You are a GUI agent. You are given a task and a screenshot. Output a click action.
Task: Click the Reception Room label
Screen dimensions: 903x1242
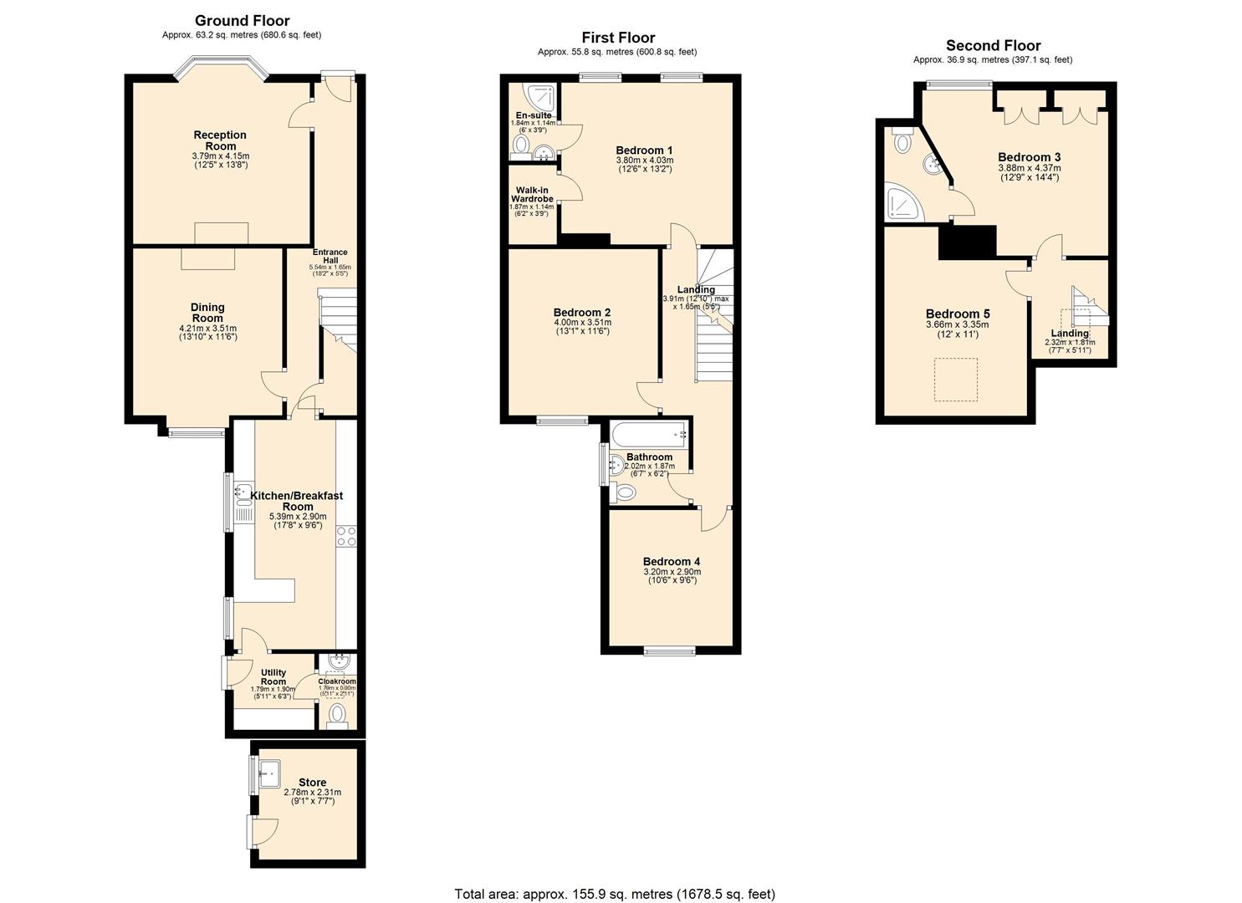tap(220, 140)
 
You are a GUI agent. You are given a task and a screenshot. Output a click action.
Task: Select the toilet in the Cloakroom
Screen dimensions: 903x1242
tap(337, 714)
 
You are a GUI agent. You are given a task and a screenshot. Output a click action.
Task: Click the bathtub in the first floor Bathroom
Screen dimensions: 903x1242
tap(648, 435)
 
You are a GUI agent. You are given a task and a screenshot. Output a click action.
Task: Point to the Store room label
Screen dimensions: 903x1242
tap(312, 783)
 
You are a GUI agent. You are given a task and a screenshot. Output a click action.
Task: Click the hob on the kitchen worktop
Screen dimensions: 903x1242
tap(346, 537)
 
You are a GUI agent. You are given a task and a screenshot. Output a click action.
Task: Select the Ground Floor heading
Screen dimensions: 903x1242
tap(242, 20)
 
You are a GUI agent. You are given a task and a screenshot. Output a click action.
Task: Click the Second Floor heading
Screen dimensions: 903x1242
tap(993, 45)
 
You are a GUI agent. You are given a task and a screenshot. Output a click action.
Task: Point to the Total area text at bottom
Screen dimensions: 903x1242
tap(615, 894)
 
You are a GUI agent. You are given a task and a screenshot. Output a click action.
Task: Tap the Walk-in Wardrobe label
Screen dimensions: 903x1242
tap(532, 195)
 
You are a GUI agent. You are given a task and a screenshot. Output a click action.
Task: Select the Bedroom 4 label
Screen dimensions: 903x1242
tap(672, 562)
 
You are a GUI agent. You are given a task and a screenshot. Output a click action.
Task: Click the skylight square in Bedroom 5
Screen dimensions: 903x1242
tap(955, 380)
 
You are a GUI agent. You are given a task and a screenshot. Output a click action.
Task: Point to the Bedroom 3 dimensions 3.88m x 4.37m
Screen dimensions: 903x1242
tap(1029, 168)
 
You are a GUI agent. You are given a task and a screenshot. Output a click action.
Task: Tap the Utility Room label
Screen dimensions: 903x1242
tap(273, 677)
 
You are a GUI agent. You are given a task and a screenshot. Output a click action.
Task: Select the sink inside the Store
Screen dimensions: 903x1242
tap(270, 773)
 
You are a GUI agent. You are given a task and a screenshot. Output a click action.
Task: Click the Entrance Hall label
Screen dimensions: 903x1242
tap(330, 257)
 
